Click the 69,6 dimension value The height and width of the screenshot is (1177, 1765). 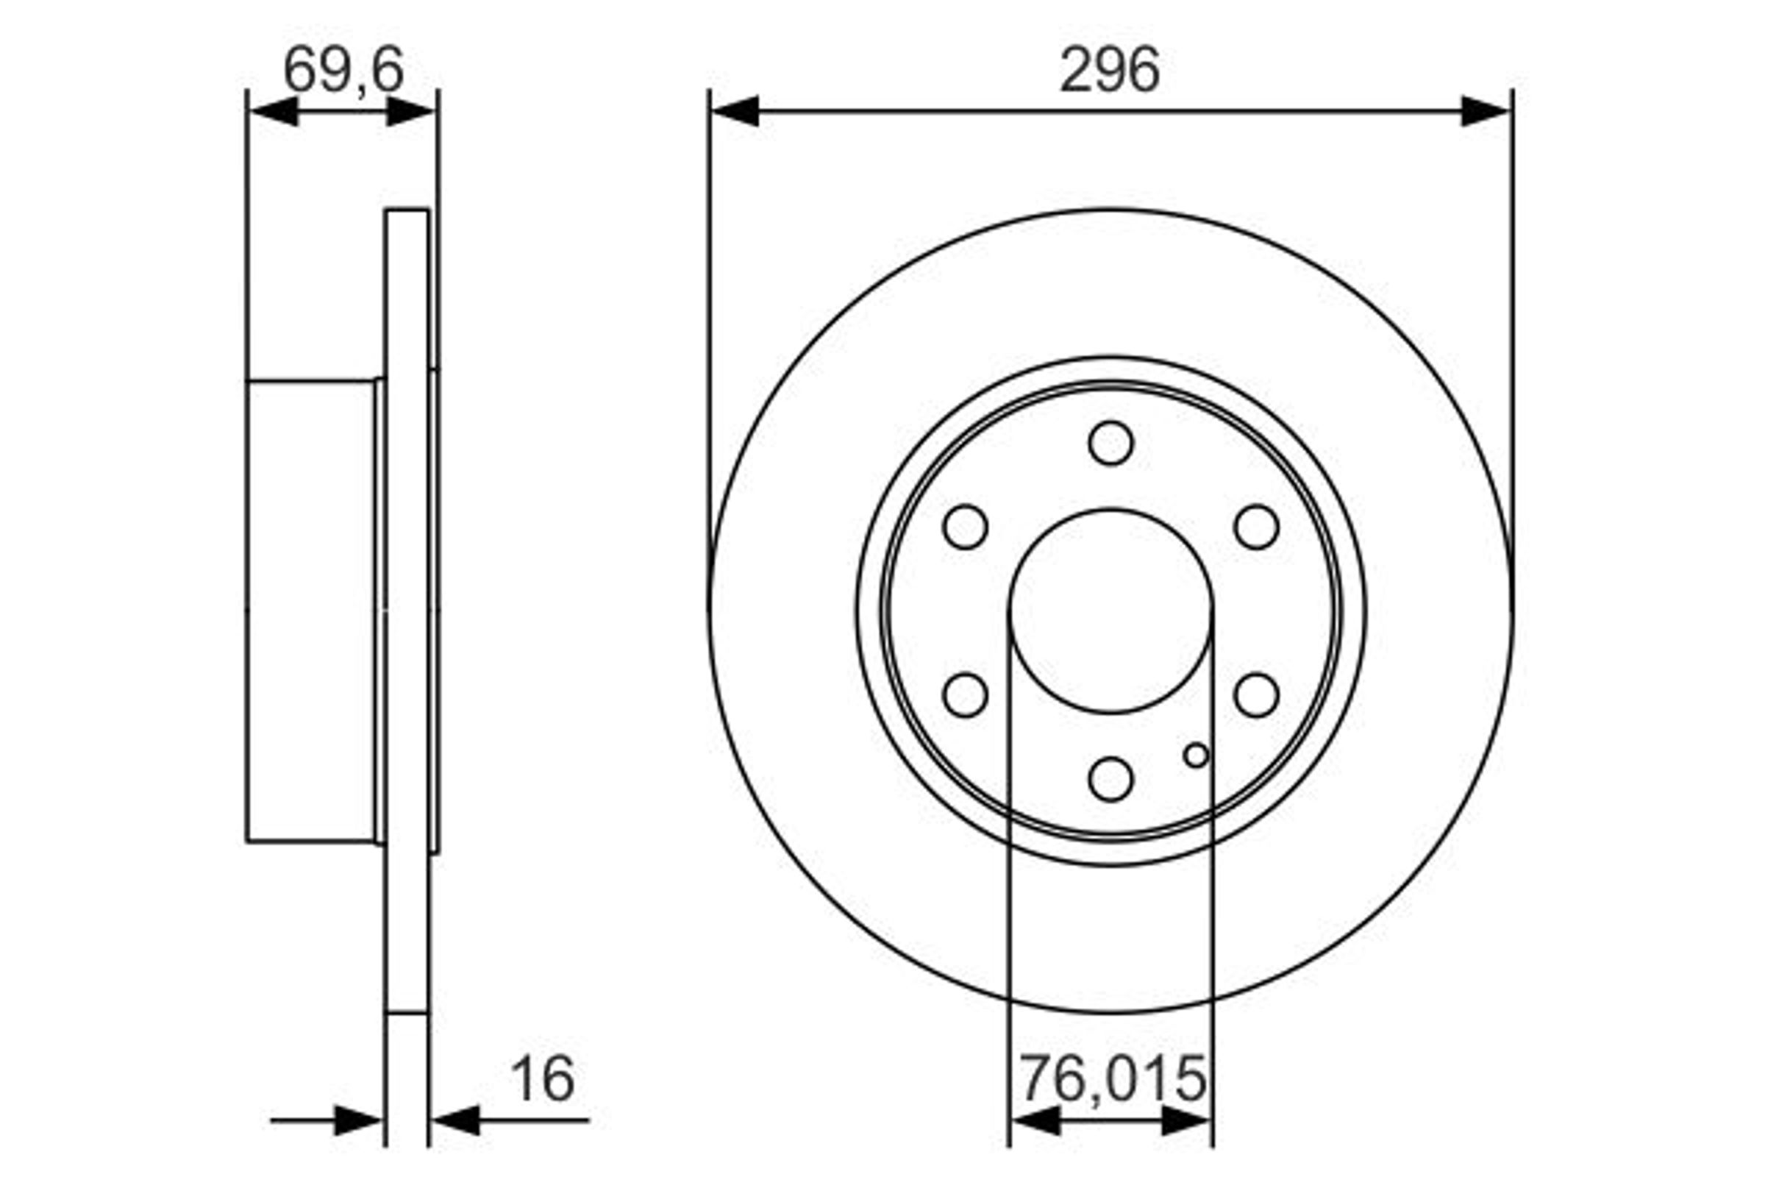[x=343, y=70]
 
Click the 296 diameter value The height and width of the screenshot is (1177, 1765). [x=1109, y=70]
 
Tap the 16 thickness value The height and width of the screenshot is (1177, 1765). [x=542, y=1079]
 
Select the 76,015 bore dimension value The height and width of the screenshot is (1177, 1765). [x=1112, y=1078]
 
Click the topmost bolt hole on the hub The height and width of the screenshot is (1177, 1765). [x=1110, y=443]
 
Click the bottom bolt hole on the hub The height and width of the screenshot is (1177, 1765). [x=1110, y=779]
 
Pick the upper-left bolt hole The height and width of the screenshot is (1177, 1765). [x=965, y=527]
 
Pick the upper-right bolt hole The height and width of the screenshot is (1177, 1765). [x=1256, y=527]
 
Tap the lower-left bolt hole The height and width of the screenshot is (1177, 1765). [x=965, y=695]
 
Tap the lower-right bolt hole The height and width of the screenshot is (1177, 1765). [x=1256, y=695]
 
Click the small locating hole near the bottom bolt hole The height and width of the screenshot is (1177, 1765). [x=1197, y=755]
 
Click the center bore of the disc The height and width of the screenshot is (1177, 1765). [x=1110, y=611]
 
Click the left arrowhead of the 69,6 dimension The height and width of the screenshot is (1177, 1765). [x=273, y=111]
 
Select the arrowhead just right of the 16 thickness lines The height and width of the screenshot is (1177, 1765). [x=456, y=1120]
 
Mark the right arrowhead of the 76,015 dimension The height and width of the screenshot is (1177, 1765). [x=1185, y=1120]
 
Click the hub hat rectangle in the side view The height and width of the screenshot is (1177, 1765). [x=311, y=612]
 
